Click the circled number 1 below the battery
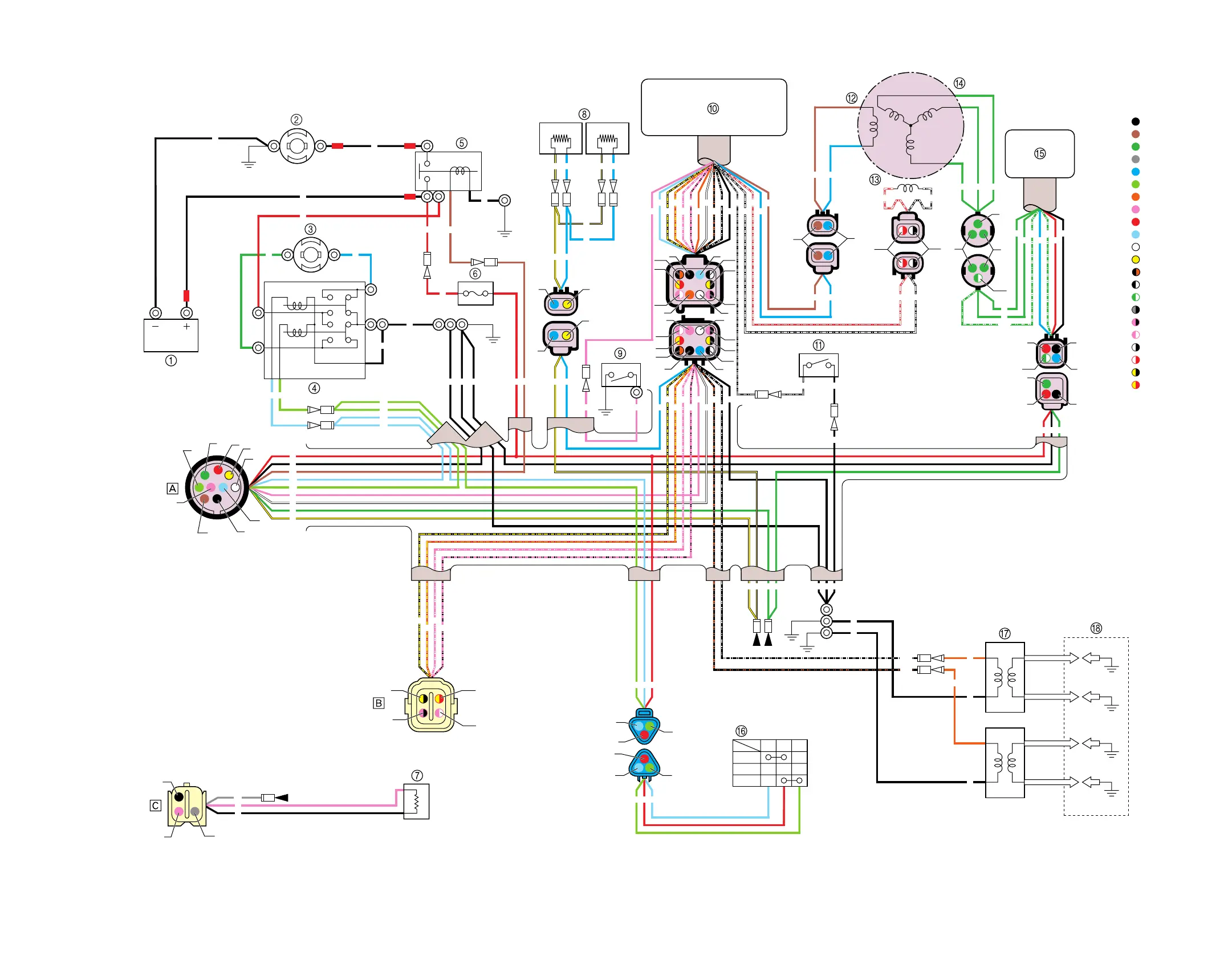(x=170, y=361)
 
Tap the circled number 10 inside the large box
(x=713, y=108)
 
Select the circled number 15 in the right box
(x=1040, y=153)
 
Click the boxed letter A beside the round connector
(x=172, y=489)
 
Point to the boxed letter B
(x=379, y=703)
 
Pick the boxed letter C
(x=155, y=806)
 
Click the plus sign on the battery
(x=186, y=327)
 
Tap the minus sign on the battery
(x=155, y=327)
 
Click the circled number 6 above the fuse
(x=475, y=274)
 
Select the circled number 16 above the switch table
(x=741, y=731)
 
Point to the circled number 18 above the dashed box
(x=1096, y=628)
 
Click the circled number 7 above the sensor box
(x=417, y=775)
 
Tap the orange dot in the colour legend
(x=1136, y=197)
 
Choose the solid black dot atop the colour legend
(x=1136, y=121)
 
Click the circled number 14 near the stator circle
(x=959, y=83)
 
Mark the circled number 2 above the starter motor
(x=296, y=120)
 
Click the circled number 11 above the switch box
(x=819, y=345)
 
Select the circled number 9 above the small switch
(x=620, y=353)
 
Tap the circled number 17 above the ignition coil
(x=1005, y=633)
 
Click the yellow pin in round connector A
(x=229, y=475)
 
